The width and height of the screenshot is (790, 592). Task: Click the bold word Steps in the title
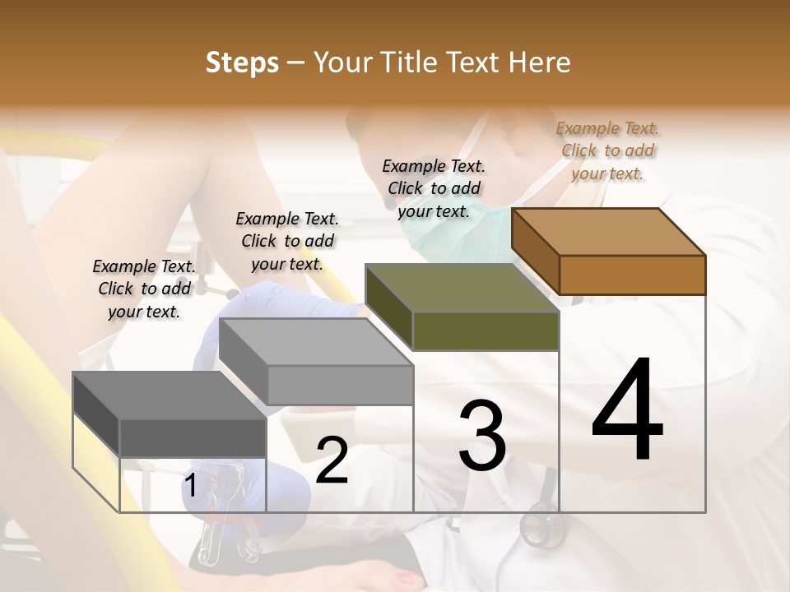[242, 63]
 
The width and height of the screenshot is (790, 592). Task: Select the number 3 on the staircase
[481, 437]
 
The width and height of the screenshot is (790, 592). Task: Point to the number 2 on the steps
[332, 461]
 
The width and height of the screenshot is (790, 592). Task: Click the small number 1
[190, 487]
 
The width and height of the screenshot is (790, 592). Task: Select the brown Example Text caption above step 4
[608, 150]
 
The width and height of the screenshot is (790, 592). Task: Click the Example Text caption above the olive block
[434, 188]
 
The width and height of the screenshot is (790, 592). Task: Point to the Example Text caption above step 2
[287, 241]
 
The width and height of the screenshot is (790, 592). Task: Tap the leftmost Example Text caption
[144, 289]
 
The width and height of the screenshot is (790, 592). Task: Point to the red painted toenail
[406, 579]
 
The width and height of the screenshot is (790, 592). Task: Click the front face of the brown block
[632, 275]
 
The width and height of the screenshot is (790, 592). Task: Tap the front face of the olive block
[486, 331]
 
